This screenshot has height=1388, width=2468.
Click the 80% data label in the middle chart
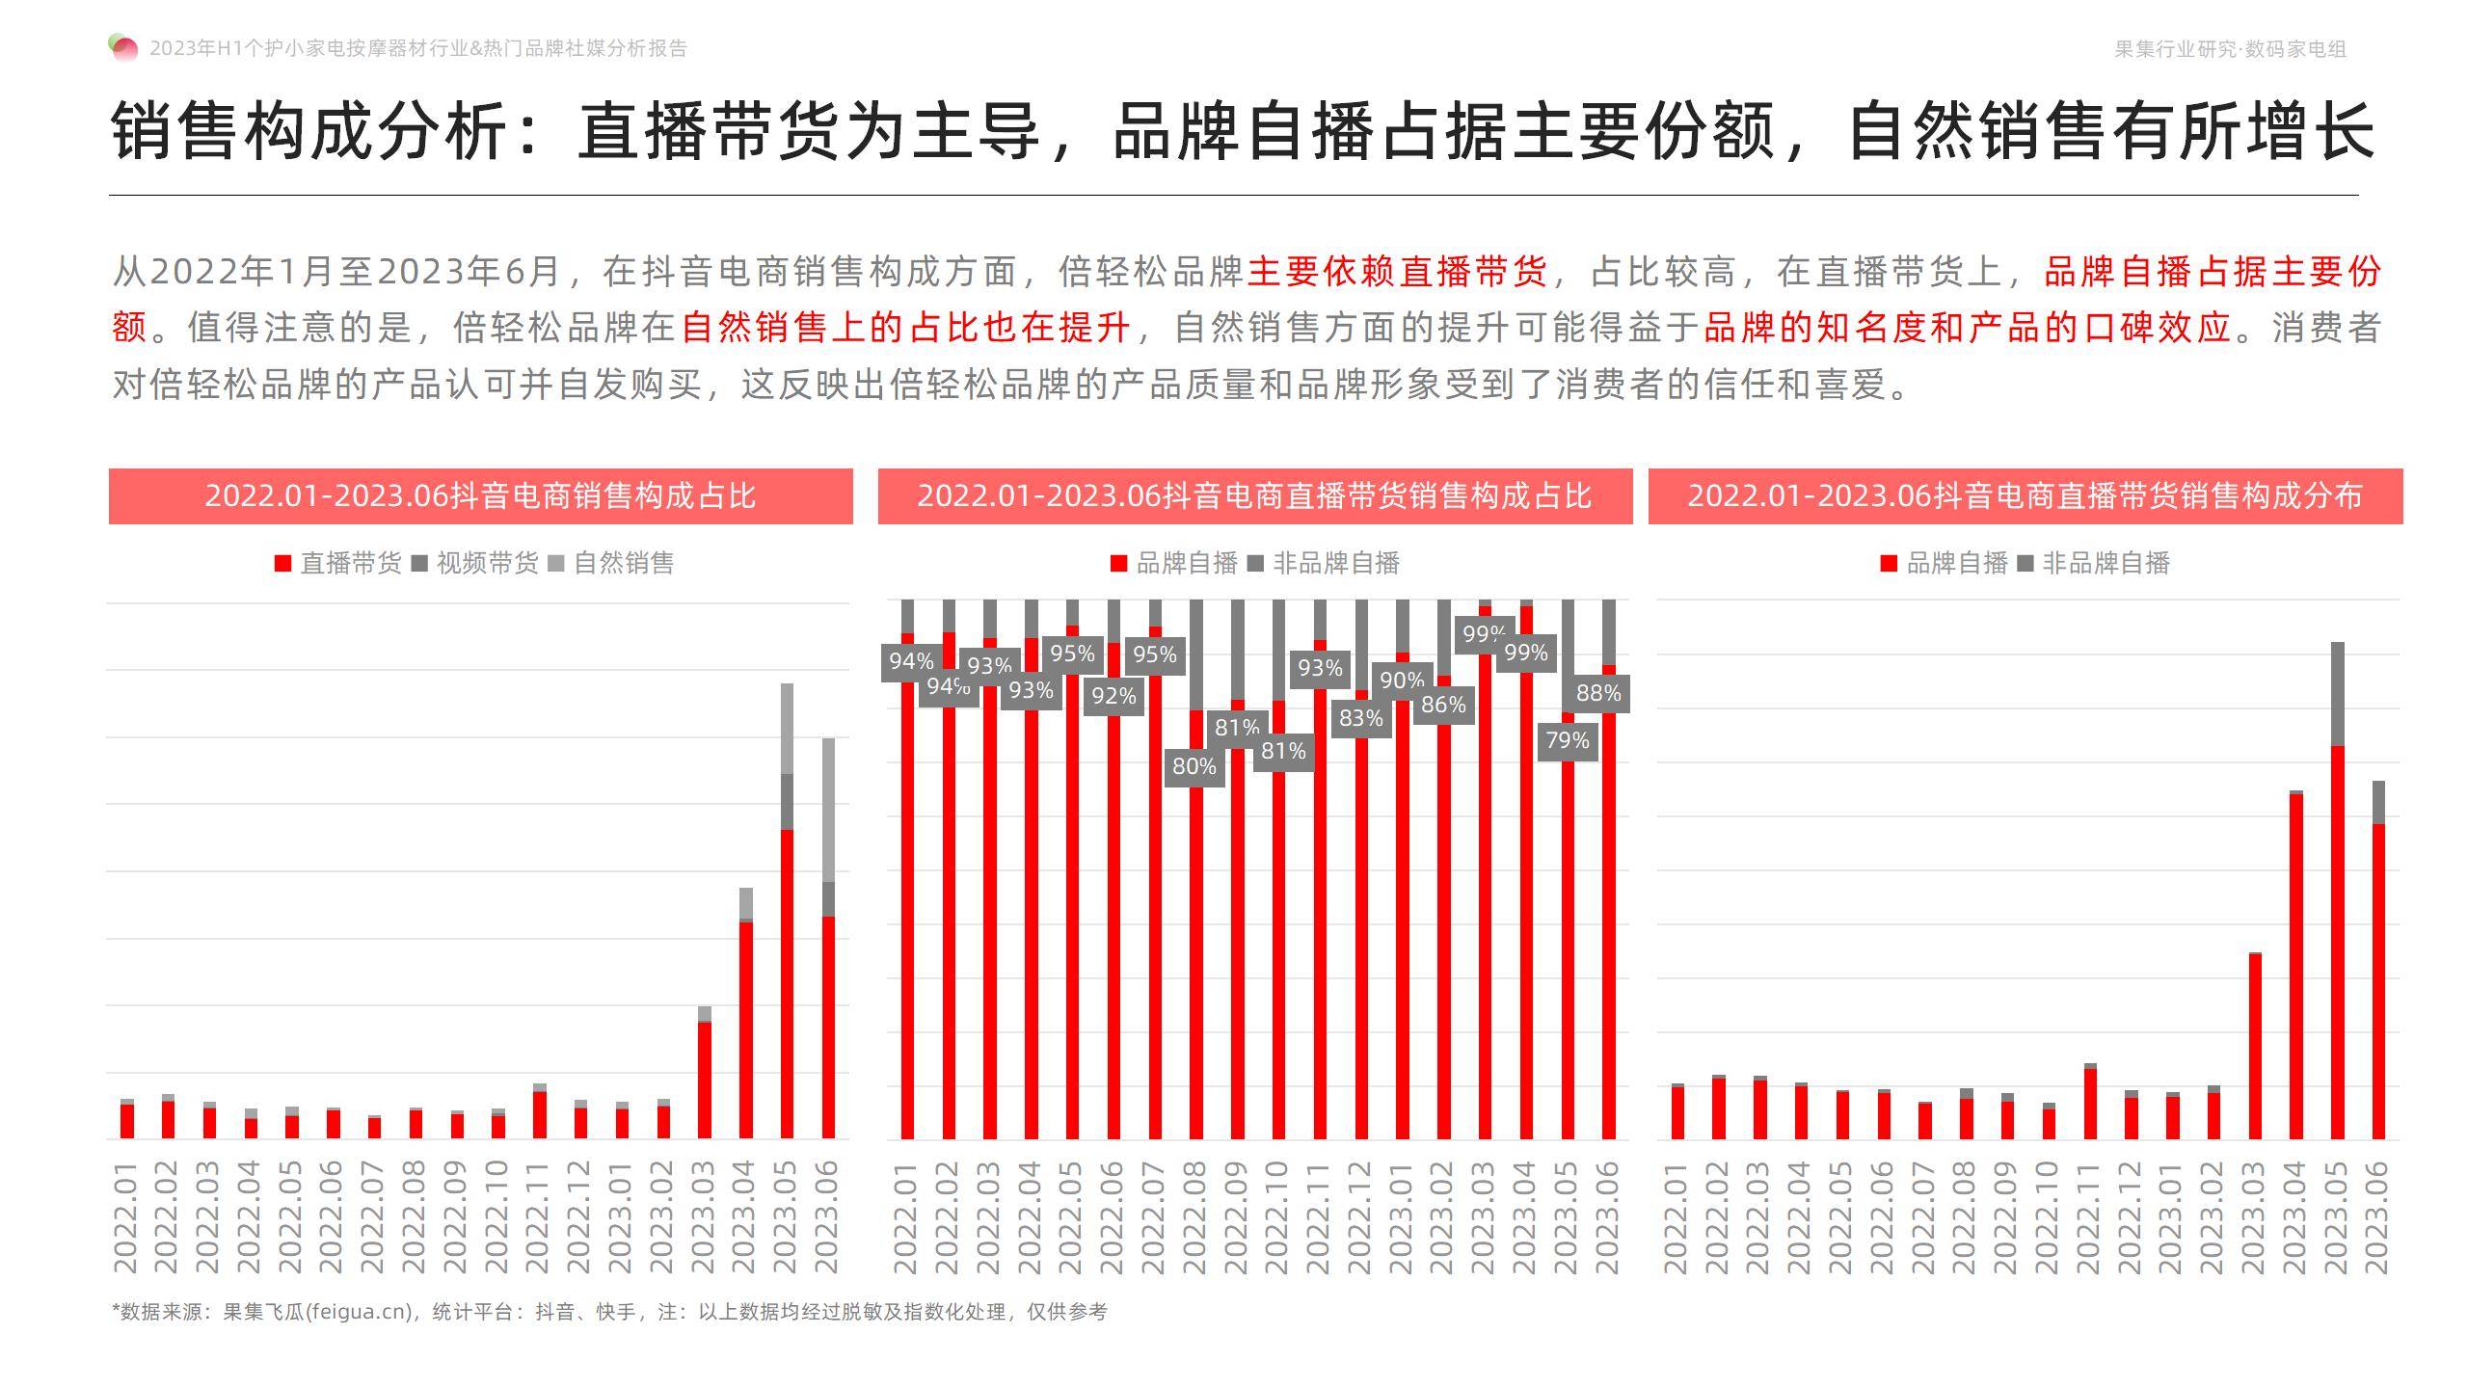tap(1194, 766)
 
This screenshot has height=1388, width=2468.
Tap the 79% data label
tap(1568, 740)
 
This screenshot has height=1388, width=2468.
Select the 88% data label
tap(1598, 693)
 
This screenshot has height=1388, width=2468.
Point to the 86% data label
tap(1443, 705)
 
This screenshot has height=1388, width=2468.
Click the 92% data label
tap(1113, 696)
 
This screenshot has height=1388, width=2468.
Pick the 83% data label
tap(1360, 718)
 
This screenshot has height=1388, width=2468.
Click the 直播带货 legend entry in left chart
tap(338, 563)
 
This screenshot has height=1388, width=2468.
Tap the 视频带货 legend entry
tap(475, 563)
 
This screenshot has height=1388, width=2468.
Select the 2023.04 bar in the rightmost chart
tap(2296, 964)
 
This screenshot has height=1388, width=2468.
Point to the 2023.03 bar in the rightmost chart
tap(2255, 1046)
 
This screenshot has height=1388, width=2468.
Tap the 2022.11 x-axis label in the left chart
tap(539, 1216)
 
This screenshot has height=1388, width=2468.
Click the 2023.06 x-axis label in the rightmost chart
tap(2378, 1216)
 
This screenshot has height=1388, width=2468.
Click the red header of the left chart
tap(480, 496)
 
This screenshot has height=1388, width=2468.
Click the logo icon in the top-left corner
tap(123, 47)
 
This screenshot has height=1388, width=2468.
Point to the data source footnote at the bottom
tap(609, 1312)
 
